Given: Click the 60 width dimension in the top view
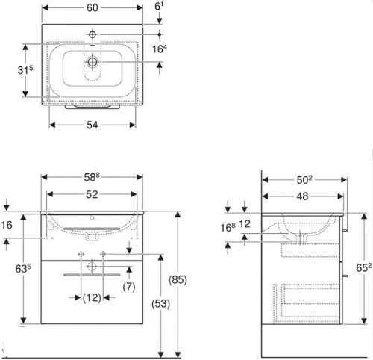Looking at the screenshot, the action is point(92,8).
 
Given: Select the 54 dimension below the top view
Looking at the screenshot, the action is point(92,125).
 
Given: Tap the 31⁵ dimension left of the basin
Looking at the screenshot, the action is point(25,70).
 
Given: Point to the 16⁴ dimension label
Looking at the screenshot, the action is point(160,49).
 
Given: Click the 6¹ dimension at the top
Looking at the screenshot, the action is point(159,6).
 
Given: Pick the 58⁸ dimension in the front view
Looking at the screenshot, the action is point(92,177).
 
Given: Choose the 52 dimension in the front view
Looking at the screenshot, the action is point(92,194).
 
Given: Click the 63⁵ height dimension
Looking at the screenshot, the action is point(23,269).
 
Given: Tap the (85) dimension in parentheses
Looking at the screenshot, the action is point(178,280).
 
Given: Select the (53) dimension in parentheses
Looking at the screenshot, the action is point(160,304).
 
